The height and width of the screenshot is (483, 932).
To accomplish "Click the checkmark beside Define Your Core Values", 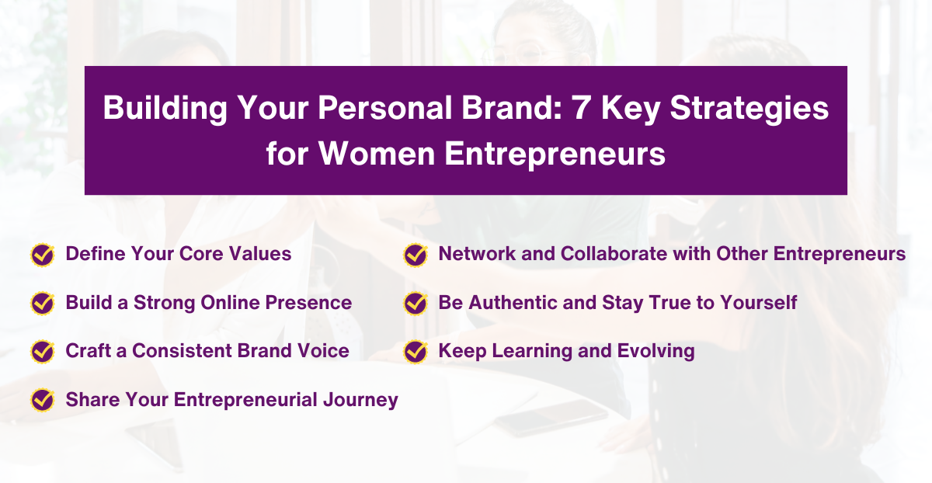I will click(42, 255).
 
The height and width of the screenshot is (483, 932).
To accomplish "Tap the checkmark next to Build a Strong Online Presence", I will click(42, 303).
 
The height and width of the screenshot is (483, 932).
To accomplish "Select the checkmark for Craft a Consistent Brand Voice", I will click(42, 351).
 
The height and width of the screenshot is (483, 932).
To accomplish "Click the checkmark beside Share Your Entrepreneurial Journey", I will click(42, 400).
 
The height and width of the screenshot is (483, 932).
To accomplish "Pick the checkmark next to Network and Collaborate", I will click(416, 255).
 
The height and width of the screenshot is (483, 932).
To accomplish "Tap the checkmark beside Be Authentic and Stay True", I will click(416, 303).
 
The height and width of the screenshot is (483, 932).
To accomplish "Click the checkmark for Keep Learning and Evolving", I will click(416, 351).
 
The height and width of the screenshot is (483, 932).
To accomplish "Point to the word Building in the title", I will click(161, 109).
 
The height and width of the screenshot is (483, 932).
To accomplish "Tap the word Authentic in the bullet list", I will click(508, 302).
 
